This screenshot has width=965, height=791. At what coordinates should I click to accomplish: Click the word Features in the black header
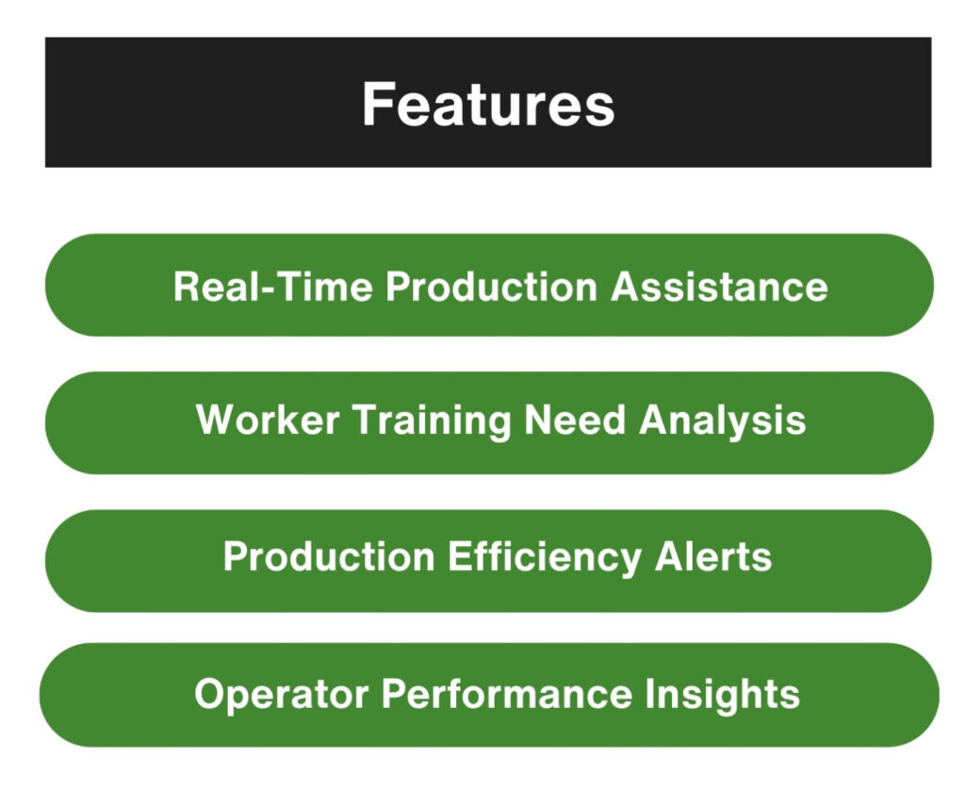488,105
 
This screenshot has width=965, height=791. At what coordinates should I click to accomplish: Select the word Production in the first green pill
492,287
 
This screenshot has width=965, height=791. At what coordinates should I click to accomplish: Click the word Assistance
719,287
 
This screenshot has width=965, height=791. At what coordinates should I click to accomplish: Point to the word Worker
268,420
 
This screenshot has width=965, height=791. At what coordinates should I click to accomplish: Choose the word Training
432,421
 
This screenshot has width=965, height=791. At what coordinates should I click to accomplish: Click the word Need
575,420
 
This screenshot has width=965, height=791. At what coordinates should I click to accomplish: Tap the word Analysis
723,421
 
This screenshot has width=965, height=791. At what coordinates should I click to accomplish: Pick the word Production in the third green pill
329,556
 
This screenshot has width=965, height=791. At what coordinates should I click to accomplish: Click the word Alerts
713,556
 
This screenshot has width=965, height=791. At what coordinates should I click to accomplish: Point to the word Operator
281,695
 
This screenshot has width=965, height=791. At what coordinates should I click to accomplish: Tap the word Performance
507,694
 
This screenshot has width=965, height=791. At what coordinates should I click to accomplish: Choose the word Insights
723,695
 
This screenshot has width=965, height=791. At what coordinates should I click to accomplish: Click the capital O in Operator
210,694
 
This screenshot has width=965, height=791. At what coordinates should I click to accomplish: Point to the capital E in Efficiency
460,556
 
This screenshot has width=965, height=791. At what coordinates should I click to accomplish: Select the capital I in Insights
650,694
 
